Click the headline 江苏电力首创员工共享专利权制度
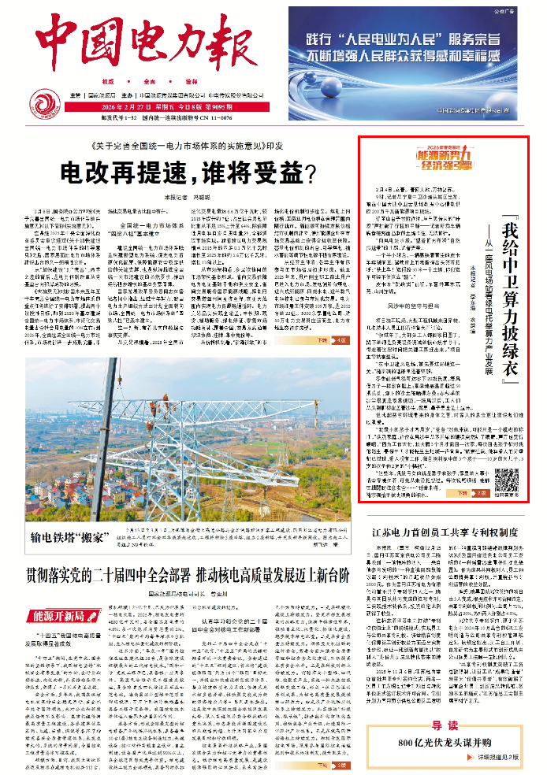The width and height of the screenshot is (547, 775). [448, 510]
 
